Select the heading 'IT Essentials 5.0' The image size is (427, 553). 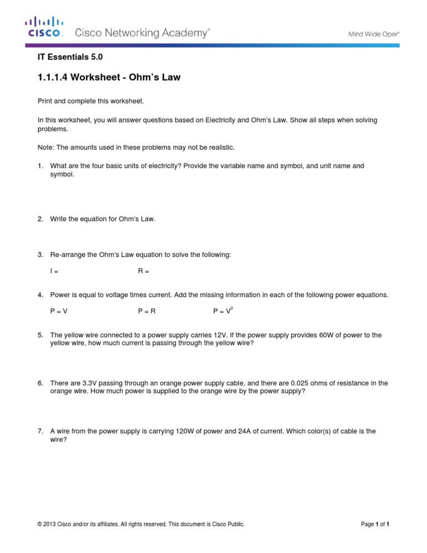click(70, 57)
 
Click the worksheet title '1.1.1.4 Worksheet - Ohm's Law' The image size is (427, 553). click(109, 77)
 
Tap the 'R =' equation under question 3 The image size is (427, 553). click(143, 271)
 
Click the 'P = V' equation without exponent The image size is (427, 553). click(58, 311)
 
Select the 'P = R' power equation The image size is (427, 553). click(147, 311)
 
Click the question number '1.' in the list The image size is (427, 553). click(40, 166)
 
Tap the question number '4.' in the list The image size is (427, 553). click(40, 295)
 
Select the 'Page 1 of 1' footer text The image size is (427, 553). click(375, 524)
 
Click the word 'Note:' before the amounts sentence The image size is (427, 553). click(46, 147)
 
